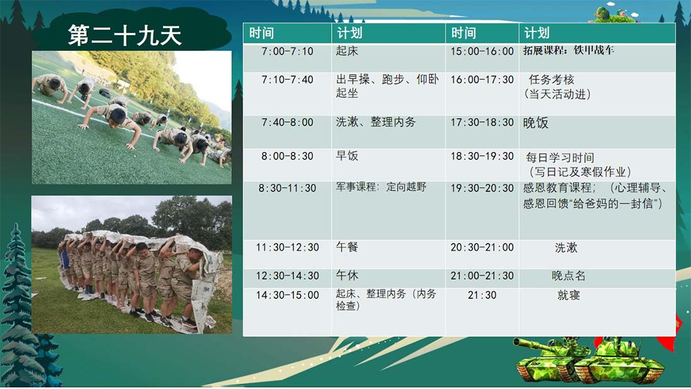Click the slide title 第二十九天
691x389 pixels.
pyautogui.click(x=125, y=35)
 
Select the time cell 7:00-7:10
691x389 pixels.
pyautogui.click(x=287, y=51)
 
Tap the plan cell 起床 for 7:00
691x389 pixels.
pyautogui.click(x=347, y=51)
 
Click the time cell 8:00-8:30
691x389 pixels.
pyautogui.click(x=287, y=156)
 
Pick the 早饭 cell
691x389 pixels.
pyautogui.click(x=347, y=156)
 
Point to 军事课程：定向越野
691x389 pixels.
pyautogui.click(x=381, y=187)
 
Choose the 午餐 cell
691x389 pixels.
pyautogui.click(x=347, y=247)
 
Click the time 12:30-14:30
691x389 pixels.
pyautogui.click(x=287, y=276)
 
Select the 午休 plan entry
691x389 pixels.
pyautogui.click(x=347, y=276)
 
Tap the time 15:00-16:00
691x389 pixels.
pyautogui.click(x=482, y=51)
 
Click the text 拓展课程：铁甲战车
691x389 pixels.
pyautogui.click(x=569, y=50)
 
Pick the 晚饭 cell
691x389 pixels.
pyautogui.click(x=535, y=123)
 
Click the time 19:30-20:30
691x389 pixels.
pyautogui.click(x=482, y=189)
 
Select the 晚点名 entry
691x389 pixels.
pyautogui.click(x=569, y=276)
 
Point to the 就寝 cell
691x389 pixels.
pyautogui.click(x=569, y=295)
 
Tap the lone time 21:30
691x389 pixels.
pyautogui.click(x=482, y=295)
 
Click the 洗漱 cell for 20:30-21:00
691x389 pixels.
pyautogui.click(x=566, y=248)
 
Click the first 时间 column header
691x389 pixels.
pyautogui.click(x=261, y=33)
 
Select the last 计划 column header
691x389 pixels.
pyautogui.click(x=536, y=33)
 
